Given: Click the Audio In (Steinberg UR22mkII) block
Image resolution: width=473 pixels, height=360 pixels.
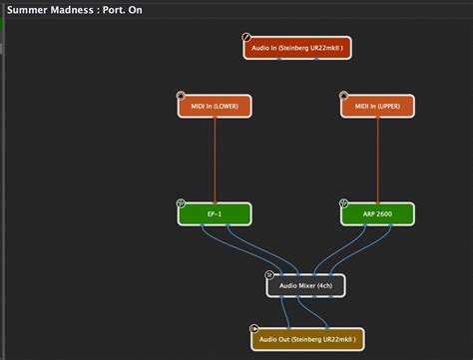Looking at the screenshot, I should click(297, 47).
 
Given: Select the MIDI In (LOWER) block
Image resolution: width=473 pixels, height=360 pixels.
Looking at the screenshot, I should click(215, 106).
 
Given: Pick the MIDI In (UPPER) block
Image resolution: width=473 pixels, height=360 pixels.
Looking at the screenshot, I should click(377, 106).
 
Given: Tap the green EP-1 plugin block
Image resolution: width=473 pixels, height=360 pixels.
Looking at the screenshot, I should click(215, 213).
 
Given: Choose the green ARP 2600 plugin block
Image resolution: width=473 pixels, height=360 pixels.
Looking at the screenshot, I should click(377, 213).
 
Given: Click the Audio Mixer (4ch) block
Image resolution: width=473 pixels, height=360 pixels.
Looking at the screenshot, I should click(306, 286).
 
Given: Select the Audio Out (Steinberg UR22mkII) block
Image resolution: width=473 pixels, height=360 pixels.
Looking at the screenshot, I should click(307, 339).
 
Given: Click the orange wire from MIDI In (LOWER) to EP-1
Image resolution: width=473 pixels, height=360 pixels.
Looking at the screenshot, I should click(215, 160).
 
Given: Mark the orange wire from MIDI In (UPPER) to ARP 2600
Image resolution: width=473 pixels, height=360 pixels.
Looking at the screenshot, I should click(377, 160).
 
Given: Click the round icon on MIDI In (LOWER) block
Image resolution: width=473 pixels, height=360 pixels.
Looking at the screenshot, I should click(181, 97).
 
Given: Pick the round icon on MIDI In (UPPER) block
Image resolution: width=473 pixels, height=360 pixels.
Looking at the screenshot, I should click(344, 97).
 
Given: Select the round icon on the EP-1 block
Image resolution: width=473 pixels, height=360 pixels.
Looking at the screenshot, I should click(181, 203).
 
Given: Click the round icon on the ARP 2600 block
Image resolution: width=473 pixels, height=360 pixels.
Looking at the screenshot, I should click(344, 203).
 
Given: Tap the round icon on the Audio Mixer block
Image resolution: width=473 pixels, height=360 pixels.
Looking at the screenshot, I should click(268, 275).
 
